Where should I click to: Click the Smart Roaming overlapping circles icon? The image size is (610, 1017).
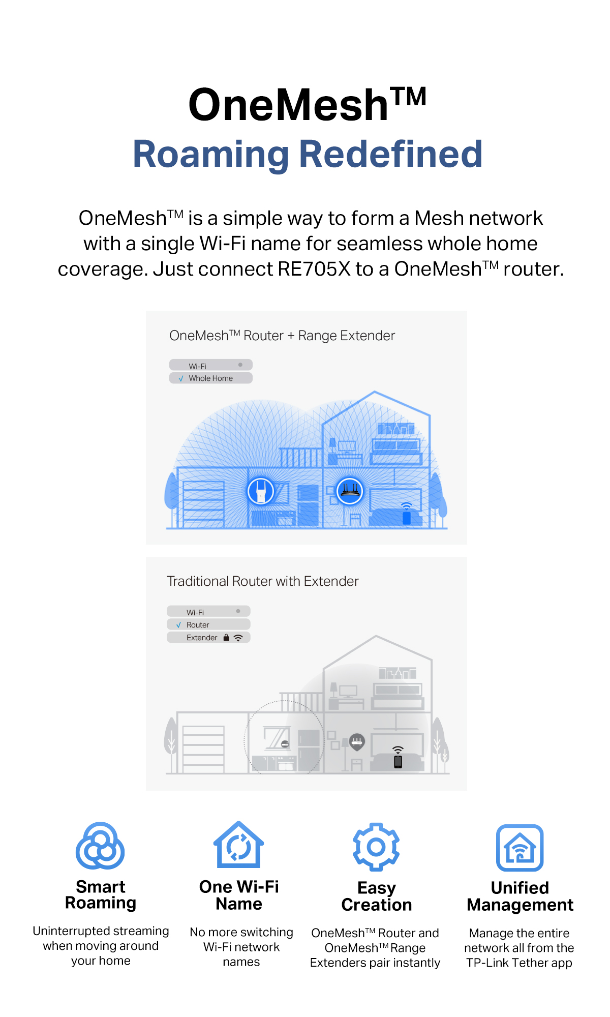click(100, 846)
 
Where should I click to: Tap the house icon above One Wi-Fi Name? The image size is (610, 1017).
click(238, 844)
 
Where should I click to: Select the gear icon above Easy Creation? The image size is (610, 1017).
click(376, 847)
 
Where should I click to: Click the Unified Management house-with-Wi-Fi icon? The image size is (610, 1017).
click(520, 848)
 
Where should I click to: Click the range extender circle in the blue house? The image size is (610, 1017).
click(261, 491)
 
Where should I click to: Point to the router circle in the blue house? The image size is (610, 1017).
click(350, 491)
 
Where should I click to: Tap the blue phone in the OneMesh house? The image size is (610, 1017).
click(406, 518)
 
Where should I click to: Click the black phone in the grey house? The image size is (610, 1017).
click(398, 761)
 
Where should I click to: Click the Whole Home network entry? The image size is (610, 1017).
click(210, 378)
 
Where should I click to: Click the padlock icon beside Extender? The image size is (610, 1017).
click(226, 637)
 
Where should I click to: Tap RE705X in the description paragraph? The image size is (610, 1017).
click(314, 269)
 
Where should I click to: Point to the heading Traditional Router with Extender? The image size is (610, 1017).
click(263, 581)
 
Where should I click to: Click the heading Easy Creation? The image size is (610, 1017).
click(377, 896)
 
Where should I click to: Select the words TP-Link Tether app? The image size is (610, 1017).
click(519, 963)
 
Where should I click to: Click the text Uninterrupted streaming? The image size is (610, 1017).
click(101, 931)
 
